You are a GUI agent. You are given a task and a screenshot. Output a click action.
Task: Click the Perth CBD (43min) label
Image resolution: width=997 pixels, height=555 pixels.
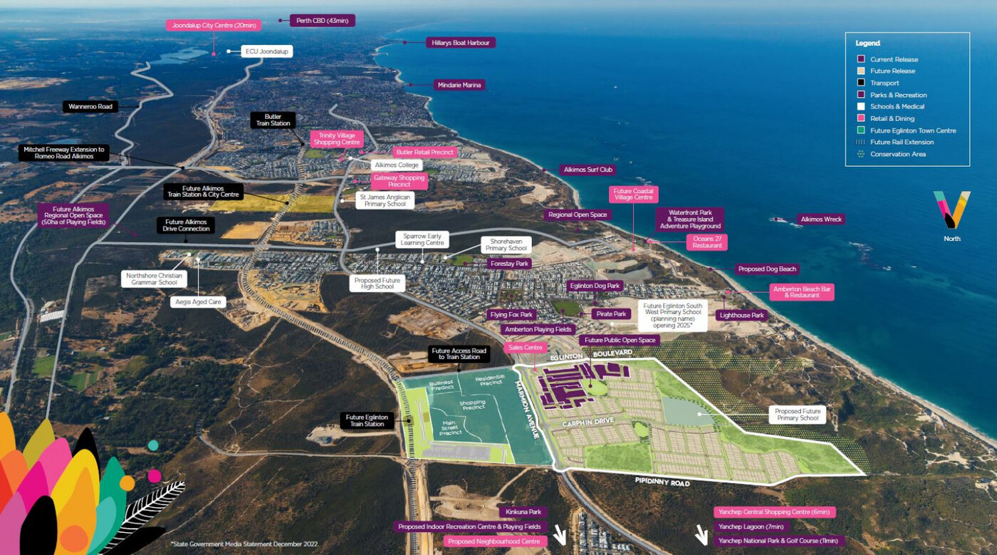[322, 21]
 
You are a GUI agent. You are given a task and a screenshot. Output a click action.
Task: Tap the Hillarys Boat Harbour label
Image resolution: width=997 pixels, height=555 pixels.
[461, 43]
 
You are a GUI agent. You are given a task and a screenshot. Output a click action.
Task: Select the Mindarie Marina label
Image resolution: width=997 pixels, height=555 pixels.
[459, 85]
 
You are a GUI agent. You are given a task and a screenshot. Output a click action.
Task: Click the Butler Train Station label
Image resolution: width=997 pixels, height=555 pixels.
[273, 120]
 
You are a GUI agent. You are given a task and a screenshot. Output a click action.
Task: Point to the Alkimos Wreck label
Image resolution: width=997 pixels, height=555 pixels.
[820, 219]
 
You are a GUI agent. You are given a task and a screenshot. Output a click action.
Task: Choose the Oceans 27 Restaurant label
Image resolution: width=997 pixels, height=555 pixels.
[706, 242]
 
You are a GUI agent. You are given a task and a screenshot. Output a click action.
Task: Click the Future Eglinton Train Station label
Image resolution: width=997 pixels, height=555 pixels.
[367, 420]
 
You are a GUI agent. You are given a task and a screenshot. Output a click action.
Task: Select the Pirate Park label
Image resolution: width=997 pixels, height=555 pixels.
[610, 314]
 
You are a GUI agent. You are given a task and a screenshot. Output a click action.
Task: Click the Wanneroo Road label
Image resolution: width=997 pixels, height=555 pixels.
[90, 107]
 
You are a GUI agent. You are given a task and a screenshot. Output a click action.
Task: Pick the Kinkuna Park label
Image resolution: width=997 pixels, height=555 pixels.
[523, 512]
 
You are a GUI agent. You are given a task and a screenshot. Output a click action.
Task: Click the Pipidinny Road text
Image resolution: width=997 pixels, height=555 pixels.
[662, 482]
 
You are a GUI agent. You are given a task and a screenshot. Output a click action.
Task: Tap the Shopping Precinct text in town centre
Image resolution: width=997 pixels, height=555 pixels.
[472, 405]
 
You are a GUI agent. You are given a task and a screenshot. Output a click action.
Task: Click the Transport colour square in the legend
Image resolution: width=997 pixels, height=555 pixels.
[861, 83]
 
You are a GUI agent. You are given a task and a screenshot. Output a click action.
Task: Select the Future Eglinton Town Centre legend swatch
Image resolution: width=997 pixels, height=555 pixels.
[861, 130]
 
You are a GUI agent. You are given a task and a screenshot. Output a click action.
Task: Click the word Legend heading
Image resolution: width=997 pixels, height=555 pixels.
[867, 43]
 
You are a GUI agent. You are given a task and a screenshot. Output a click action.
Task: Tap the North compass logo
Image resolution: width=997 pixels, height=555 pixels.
[952, 210]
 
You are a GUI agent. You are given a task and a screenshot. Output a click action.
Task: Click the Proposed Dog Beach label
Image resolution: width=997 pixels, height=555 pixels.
[767, 269]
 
